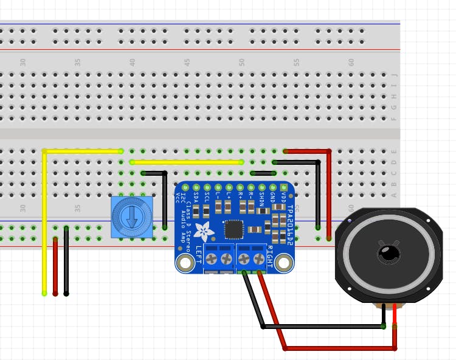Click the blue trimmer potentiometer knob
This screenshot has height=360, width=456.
pyautogui.click(x=131, y=217)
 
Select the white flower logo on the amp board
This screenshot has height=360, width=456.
pyautogui.click(x=203, y=232)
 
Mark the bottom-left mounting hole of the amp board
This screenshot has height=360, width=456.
pyautogui.click(x=184, y=263)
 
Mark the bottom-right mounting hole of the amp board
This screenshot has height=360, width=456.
pyautogui.click(x=283, y=263)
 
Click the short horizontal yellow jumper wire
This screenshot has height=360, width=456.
pyautogui.click(x=187, y=162)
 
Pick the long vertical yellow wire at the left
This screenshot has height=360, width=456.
pyautogui.click(x=44, y=225)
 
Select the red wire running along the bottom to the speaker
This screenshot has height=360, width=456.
pyautogui.click(x=340, y=348)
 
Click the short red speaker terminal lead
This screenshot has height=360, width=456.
pyautogui.click(x=395, y=315)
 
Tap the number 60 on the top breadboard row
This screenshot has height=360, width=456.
pyautogui.click(x=351, y=62)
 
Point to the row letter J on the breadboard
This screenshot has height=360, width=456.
pyautogui.click(x=394, y=75)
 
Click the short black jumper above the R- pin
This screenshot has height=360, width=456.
pyautogui.click(x=262, y=173)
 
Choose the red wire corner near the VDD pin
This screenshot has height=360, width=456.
pyautogui.click(x=328, y=151)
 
